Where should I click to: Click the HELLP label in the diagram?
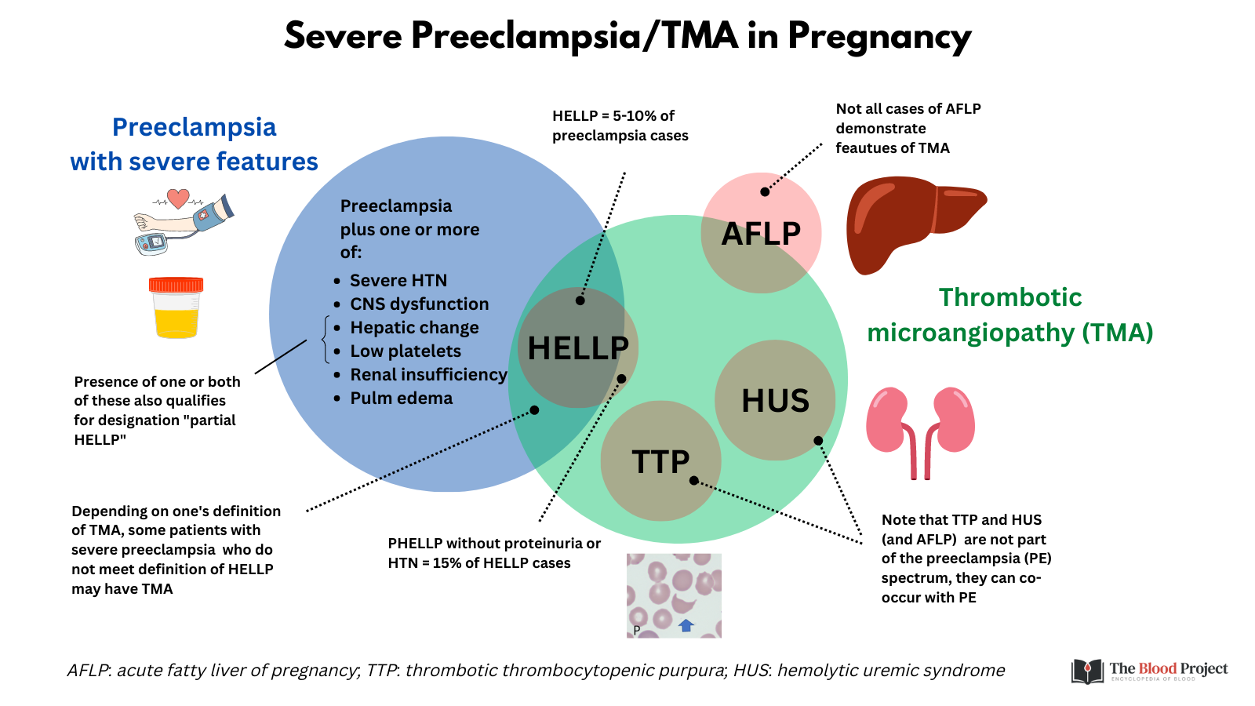click(x=578, y=348)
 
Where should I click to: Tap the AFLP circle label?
click(x=761, y=234)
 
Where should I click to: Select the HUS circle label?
click(x=775, y=401)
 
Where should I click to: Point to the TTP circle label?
click(x=660, y=462)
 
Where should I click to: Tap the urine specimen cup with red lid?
click(x=176, y=308)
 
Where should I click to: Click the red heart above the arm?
click(x=179, y=198)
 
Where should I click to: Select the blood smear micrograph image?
click(x=674, y=595)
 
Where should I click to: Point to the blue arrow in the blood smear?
click(x=686, y=625)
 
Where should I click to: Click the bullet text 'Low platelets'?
click(x=405, y=351)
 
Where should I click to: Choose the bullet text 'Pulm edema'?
click(x=401, y=398)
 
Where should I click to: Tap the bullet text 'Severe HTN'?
click(x=398, y=281)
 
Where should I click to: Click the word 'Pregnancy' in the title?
click(x=878, y=36)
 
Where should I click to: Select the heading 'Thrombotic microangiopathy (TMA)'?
click(x=1009, y=315)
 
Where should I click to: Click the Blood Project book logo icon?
click(x=1087, y=671)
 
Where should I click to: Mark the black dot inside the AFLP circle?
click(x=765, y=191)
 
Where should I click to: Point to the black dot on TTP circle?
click(x=693, y=480)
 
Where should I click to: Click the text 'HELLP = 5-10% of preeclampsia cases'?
click(x=620, y=126)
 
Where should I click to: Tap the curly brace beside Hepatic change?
click(x=326, y=340)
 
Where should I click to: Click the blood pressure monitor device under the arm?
click(x=151, y=243)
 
